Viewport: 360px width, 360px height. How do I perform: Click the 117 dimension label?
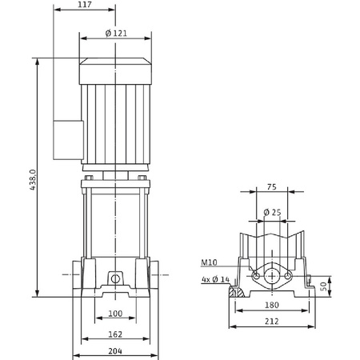(x=85, y=5)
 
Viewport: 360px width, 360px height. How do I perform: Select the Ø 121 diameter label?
(x=116, y=34)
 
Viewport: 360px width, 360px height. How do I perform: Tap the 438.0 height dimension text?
(x=33, y=179)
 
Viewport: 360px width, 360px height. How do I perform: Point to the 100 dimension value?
(x=115, y=314)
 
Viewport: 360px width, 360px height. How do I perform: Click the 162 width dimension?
(x=115, y=334)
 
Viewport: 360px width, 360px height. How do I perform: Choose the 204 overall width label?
(x=115, y=351)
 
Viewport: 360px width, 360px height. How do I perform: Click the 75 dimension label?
(x=271, y=187)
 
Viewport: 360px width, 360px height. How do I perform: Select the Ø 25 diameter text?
(x=272, y=212)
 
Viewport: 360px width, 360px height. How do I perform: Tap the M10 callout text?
(x=209, y=262)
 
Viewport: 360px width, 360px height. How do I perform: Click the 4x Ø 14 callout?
(x=215, y=279)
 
